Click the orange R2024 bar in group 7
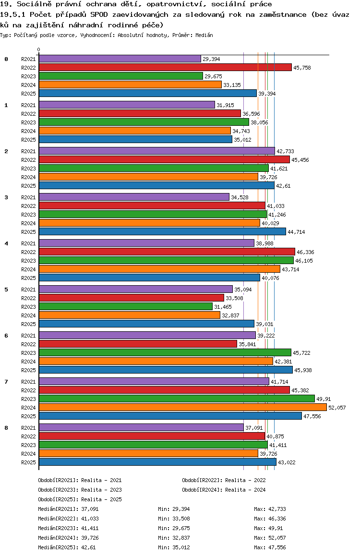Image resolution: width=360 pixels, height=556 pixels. (182, 407)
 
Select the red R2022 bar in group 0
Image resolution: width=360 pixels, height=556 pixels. (165, 67)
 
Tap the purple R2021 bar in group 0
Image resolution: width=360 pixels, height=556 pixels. (120, 59)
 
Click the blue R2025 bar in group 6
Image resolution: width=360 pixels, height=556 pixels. (166, 370)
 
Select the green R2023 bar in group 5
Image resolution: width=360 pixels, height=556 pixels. (125, 306)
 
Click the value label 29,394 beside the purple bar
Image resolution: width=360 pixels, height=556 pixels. (211, 59)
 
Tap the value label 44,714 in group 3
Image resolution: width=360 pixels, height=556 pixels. (296, 232)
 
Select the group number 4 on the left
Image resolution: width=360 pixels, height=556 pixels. (6, 243)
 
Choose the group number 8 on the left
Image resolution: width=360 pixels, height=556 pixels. (6, 428)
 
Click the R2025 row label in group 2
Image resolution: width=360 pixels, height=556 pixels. (29, 186)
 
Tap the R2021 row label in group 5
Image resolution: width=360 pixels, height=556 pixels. (29, 290)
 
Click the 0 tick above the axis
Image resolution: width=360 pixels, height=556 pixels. (39, 49)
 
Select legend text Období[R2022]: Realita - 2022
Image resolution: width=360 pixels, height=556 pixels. (224, 480)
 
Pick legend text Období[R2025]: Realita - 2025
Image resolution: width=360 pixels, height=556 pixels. (80, 499)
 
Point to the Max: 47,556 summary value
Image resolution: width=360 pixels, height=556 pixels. (270, 547)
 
